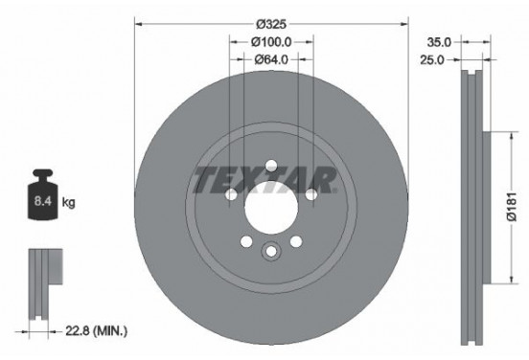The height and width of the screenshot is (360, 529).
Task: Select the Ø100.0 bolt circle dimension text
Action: pos(270,42)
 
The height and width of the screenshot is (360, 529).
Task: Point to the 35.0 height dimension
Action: pos(440,42)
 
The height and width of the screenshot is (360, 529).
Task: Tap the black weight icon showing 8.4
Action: pos(43,200)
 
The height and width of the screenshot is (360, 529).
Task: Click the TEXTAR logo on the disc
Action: pos(264,180)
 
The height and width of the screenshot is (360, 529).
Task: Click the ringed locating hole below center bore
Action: pos(270,253)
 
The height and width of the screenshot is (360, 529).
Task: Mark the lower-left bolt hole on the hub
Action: pos(246,241)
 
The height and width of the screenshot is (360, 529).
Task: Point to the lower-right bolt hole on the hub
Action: pos(295,241)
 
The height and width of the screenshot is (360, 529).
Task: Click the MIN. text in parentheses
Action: pos(112,331)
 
